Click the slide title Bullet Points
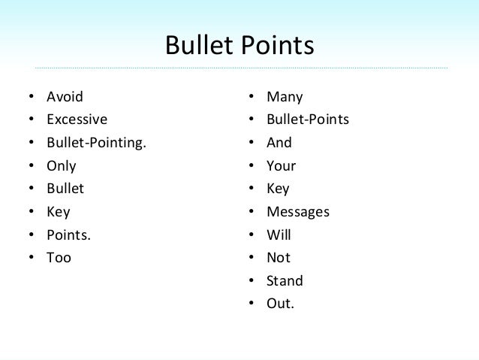coord(239,46)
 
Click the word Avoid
coord(65,97)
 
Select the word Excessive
coord(77,119)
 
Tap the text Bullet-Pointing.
coord(95,143)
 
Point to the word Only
coord(62,166)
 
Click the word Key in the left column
coord(58,212)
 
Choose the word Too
coord(59,258)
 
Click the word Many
coord(285,97)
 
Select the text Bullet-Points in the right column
coord(308,119)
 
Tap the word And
coord(279,143)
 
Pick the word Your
coord(282,166)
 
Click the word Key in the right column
coord(278,189)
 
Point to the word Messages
coord(298,212)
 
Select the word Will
coord(279,235)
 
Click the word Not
coord(279,258)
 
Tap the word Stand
coord(285,281)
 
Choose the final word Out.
coord(281,304)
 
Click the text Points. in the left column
coord(68,235)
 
